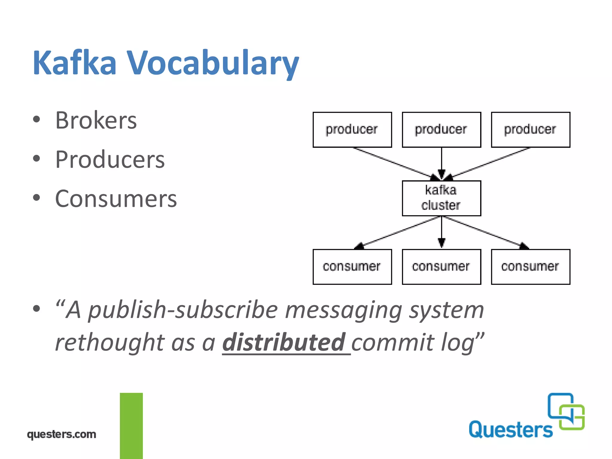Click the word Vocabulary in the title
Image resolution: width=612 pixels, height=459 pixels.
point(213,63)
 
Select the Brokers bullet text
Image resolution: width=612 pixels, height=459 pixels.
point(96,120)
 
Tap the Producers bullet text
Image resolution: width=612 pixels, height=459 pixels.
point(110,160)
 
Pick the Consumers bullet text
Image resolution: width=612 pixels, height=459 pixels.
point(116,199)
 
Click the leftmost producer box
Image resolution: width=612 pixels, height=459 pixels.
point(352,130)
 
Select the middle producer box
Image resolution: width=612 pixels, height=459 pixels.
point(441,130)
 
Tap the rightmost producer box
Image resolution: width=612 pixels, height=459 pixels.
point(530,130)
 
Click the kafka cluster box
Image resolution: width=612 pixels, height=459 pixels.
point(441,198)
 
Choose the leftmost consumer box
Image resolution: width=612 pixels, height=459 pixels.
point(352,267)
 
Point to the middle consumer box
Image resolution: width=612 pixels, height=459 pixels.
point(441,267)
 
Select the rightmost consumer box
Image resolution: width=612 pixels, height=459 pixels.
point(530,267)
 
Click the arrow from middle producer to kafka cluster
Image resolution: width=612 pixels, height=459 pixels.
point(441,163)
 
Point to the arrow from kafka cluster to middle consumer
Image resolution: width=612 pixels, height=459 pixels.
point(441,232)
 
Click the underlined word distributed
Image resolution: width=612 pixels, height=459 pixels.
point(284,342)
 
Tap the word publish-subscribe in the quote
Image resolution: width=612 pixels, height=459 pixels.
point(183,310)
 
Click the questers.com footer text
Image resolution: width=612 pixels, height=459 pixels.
point(62,434)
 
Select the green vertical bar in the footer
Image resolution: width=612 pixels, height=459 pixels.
point(131,426)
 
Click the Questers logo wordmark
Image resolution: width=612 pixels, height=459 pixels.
point(510,430)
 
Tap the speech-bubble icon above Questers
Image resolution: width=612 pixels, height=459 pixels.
point(566,411)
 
